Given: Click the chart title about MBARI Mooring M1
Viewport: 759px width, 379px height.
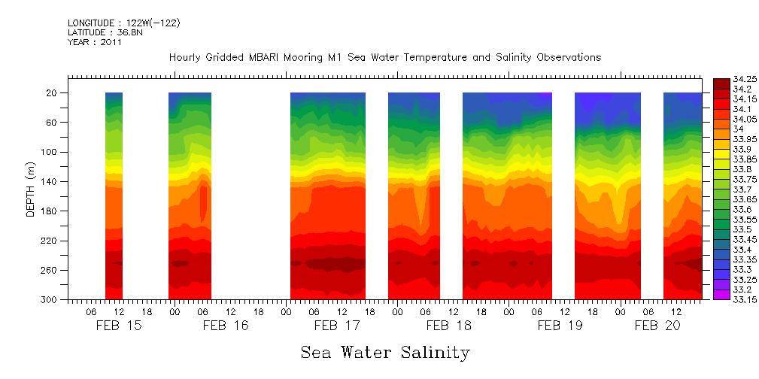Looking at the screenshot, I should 385,58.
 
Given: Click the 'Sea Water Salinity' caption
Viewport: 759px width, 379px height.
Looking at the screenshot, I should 385,353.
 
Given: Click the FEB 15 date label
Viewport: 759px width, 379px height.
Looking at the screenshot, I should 119,326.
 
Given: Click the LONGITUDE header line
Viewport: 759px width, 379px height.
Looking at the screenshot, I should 123,23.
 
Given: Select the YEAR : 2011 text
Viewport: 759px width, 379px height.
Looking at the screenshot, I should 95,43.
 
